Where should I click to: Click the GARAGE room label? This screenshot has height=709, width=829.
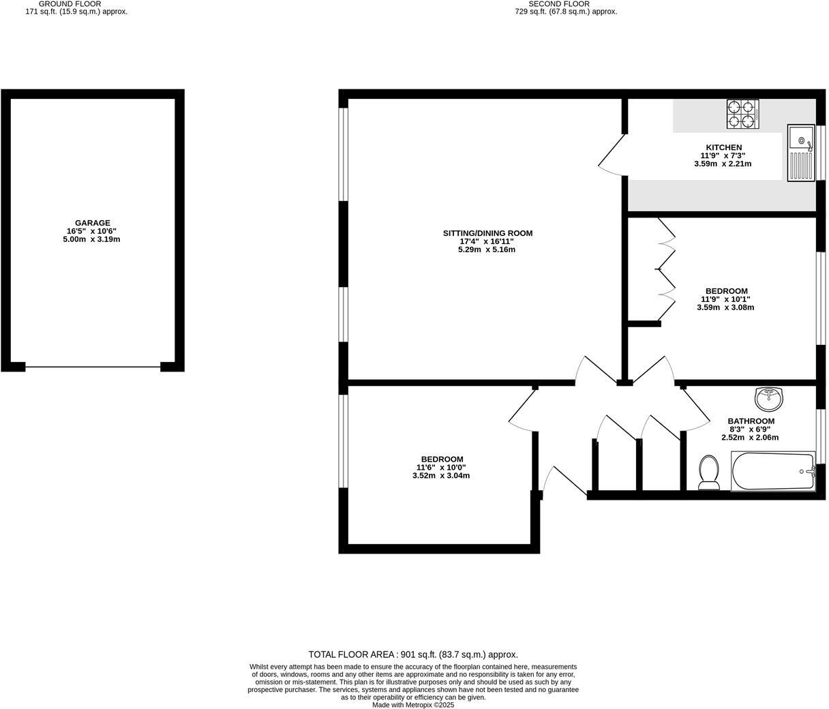pyautogui.click(x=92, y=223)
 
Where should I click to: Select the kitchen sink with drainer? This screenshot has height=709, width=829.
pyautogui.click(x=801, y=153)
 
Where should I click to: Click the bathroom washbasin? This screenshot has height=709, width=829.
pyautogui.click(x=769, y=398)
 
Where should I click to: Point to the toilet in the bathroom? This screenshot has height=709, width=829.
pyautogui.click(x=709, y=472)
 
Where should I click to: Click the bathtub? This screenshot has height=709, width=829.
pyautogui.click(x=773, y=471)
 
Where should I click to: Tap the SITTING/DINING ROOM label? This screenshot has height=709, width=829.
pyautogui.click(x=487, y=233)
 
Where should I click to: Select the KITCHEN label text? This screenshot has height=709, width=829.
pyautogui.click(x=723, y=147)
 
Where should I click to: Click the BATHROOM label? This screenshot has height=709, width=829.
pyautogui.click(x=751, y=421)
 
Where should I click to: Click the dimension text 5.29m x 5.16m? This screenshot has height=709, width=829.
pyautogui.click(x=487, y=250)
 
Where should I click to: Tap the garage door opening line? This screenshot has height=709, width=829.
pyautogui.click(x=93, y=367)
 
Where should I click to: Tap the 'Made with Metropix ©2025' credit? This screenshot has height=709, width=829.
pyautogui.click(x=413, y=705)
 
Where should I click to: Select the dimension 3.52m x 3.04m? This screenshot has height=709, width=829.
pyautogui.click(x=441, y=476)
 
